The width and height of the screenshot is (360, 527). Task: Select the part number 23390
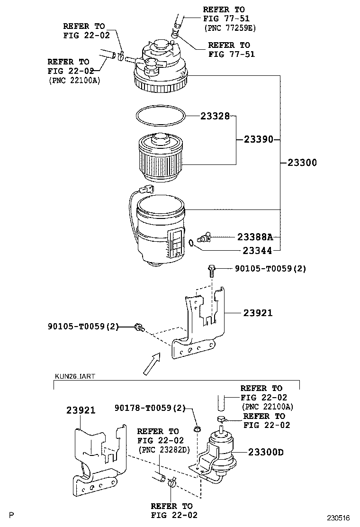coord(258,140)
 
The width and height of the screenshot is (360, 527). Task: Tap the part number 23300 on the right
coord(302,163)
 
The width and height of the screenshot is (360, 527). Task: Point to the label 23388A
coord(254,236)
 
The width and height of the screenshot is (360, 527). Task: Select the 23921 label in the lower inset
coord(81,411)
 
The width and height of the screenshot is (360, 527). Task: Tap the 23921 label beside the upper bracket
coord(258,313)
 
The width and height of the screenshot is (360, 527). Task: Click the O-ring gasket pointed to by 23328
coord(159,116)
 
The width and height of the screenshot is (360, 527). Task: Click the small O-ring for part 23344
coord(190,243)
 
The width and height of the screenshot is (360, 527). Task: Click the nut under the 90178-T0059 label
coord(197,429)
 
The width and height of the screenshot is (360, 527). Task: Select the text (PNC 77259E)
coord(229,28)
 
